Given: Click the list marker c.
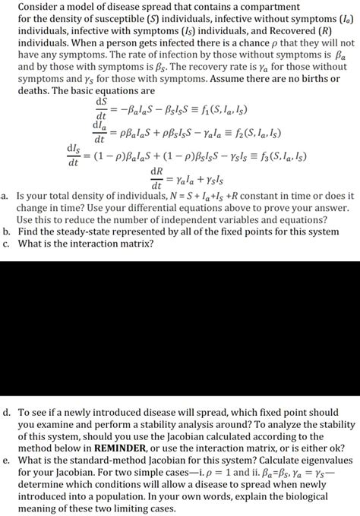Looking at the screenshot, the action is (7, 244).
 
